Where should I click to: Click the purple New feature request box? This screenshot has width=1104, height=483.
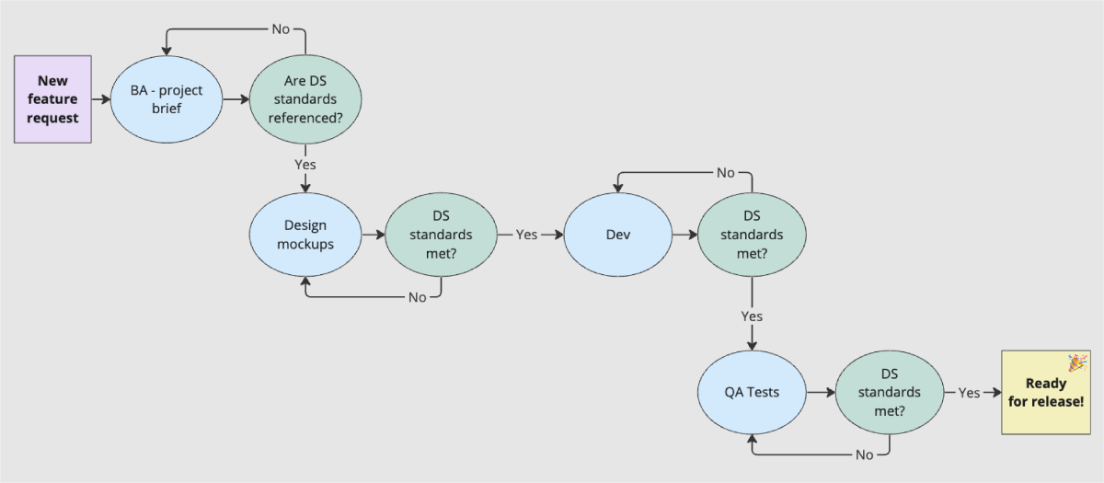(53, 99)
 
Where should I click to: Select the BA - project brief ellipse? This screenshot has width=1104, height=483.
(166, 99)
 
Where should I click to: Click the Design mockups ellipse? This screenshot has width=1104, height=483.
(305, 235)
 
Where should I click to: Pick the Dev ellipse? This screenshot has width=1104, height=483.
(617, 235)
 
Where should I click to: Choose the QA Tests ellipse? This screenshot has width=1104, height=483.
(751, 392)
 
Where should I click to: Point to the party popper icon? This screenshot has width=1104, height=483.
(1077, 362)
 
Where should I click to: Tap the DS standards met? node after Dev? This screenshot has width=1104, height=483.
(752, 235)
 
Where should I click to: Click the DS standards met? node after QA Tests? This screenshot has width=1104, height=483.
(889, 392)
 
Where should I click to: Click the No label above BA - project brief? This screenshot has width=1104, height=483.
(281, 29)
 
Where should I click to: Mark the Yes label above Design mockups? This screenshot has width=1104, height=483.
(305, 164)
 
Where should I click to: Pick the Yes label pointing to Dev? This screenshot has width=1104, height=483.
(526, 235)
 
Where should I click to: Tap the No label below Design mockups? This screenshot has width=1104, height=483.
(417, 297)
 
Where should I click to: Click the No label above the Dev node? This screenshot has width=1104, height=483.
(726, 173)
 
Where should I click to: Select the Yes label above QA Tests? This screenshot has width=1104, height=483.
(752, 316)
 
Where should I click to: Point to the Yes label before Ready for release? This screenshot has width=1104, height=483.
(970, 393)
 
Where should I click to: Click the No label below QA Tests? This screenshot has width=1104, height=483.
(864, 454)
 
